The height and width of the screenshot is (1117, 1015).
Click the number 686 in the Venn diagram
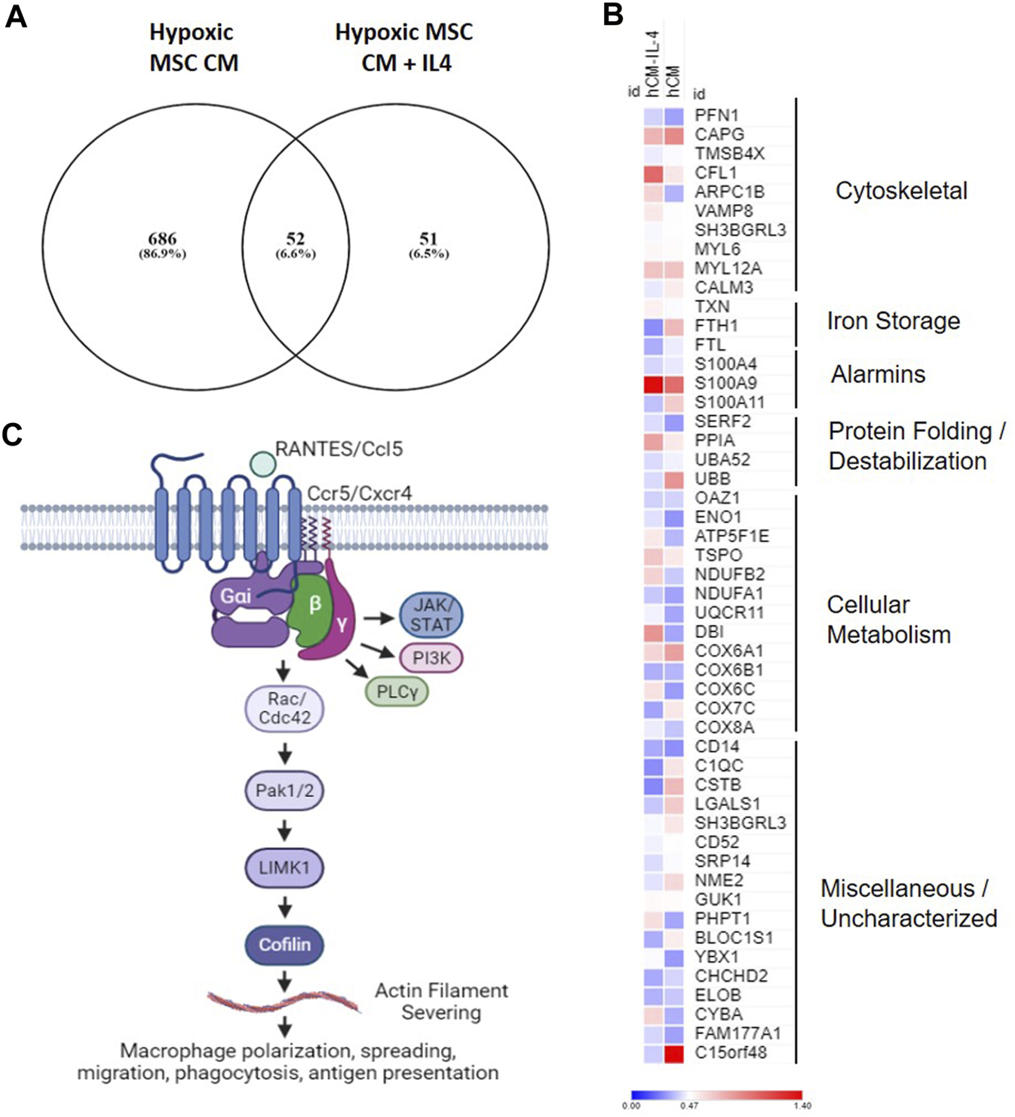[x=162, y=239]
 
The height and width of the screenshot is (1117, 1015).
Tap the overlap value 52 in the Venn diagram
[x=295, y=239]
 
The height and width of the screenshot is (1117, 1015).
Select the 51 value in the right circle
[x=428, y=239]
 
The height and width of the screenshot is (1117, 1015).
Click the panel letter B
[x=612, y=15]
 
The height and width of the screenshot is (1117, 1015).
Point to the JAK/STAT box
[x=431, y=615]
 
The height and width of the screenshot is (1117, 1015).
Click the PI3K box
[x=431, y=658]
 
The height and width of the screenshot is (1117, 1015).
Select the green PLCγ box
[x=397, y=692]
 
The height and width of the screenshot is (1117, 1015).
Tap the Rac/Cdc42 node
[x=284, y=709]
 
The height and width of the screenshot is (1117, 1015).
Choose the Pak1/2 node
[x=284, y=791]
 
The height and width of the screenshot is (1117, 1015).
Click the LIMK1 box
[x=284, y=867]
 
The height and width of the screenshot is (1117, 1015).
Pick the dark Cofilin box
[x=284, y=944]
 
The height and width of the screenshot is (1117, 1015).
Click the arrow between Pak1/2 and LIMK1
[x=284, y=830]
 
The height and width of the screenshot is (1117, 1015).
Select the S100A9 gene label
[x=725, y=383]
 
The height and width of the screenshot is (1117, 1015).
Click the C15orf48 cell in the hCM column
[x=673, y=1053]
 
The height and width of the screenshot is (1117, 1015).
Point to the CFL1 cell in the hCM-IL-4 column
[x=653, y=173]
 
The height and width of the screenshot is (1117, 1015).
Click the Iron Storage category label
[x=893, y=321]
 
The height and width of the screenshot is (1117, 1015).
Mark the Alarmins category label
[x=878, y=374]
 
